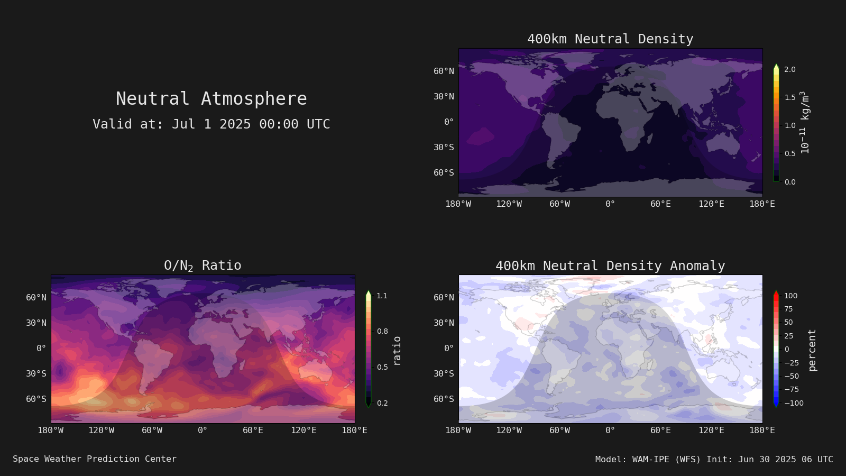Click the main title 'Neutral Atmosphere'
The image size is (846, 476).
point(212,98)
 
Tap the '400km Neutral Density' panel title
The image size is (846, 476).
point(610,39)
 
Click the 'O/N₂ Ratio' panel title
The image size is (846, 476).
point(203,266)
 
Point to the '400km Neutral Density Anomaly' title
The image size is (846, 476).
point(610,266)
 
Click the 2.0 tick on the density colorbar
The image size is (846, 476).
point(790,69)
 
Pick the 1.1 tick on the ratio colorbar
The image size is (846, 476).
point(382,296)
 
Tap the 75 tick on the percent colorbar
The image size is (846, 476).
point(788,309)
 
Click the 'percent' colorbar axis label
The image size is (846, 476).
point(812,350)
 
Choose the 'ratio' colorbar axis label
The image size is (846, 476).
point(397,351)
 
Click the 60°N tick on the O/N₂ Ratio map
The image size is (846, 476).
point(36,297)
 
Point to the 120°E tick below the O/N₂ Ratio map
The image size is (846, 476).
point(304,431)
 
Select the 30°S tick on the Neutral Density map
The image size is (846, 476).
point(444,147)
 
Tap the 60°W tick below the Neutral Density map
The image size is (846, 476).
point(560,204)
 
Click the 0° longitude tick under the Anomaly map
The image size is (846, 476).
point(610,431)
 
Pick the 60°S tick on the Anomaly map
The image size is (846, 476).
point(444,399)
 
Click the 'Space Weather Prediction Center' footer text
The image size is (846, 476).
point(95,459)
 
